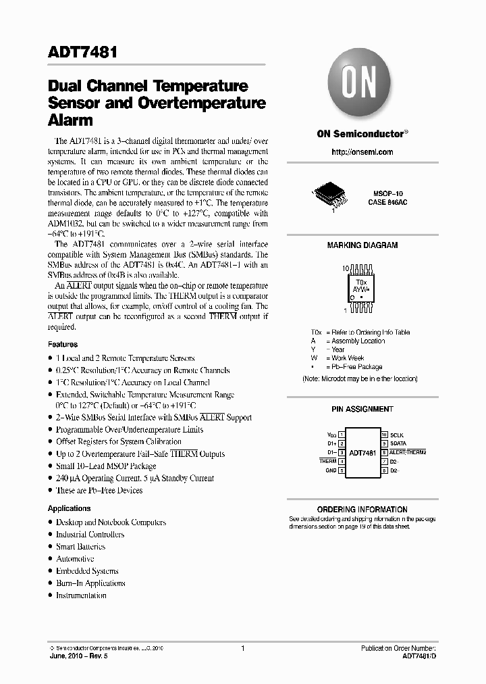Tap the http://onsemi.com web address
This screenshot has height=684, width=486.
[362, 152]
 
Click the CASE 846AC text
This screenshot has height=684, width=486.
[387, 202]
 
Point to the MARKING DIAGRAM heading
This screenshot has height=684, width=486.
[362, 245]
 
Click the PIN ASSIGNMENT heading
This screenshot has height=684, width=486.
[362, 409]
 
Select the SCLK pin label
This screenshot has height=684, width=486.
[397, 435]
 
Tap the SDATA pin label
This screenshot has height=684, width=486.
[399, 443]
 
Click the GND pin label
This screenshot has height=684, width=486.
[331, 470]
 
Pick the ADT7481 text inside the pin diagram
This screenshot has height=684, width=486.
[363, 452]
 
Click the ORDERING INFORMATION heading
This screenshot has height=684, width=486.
[362, 510]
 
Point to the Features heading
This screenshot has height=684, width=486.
[63, 344]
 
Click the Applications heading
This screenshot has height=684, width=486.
[69, 508]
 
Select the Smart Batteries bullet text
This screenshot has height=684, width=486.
[80, 547]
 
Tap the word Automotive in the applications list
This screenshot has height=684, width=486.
[75, 559]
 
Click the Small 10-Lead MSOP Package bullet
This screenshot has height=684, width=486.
[106, 466]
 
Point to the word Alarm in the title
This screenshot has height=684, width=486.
[70, 120]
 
